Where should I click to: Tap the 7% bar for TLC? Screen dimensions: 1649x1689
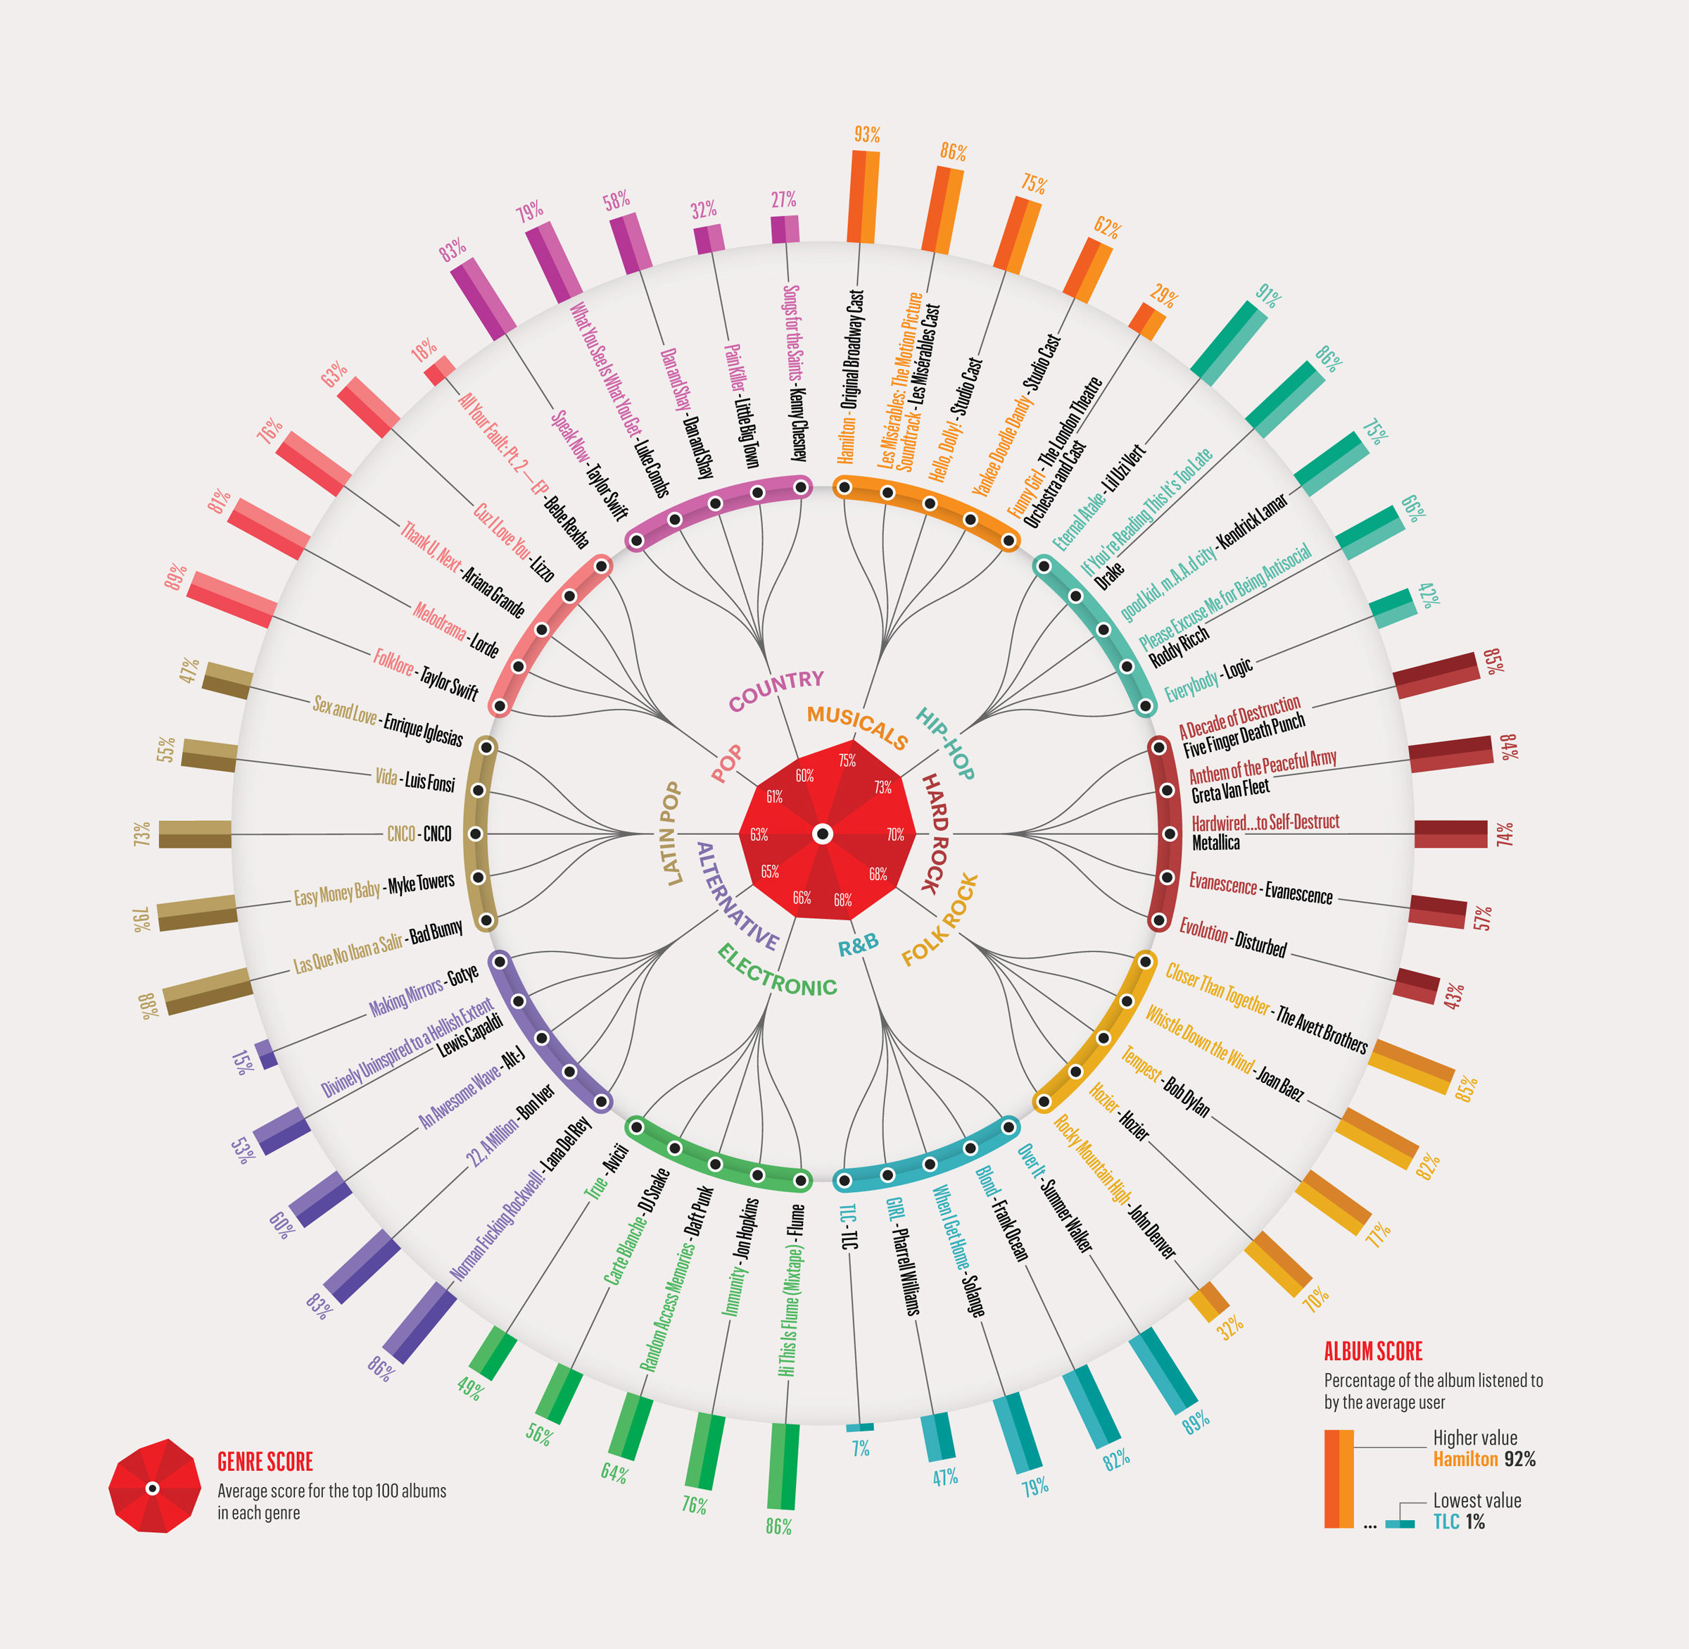point(860,1427)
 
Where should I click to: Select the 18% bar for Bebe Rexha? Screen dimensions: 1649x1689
point(440,370)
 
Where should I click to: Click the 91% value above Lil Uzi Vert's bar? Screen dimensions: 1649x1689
point(1267,296)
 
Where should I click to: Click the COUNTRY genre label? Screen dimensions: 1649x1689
point(776,690)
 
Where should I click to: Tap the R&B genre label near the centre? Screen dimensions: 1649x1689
point(858,945)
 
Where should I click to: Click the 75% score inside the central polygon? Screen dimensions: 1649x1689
point(847,760)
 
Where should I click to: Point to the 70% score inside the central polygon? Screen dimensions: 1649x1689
point(895,835)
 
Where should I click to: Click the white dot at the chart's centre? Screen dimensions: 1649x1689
point(823,834)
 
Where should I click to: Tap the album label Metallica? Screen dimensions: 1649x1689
point(1215,843)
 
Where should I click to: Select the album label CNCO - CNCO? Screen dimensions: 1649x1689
point(419,834)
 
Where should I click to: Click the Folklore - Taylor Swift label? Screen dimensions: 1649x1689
point(425,673)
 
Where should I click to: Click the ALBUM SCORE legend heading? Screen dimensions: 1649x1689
point(1373,1351)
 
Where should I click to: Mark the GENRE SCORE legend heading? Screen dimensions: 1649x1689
point(265,1462)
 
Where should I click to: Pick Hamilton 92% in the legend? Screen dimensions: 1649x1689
point(1484,1460)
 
